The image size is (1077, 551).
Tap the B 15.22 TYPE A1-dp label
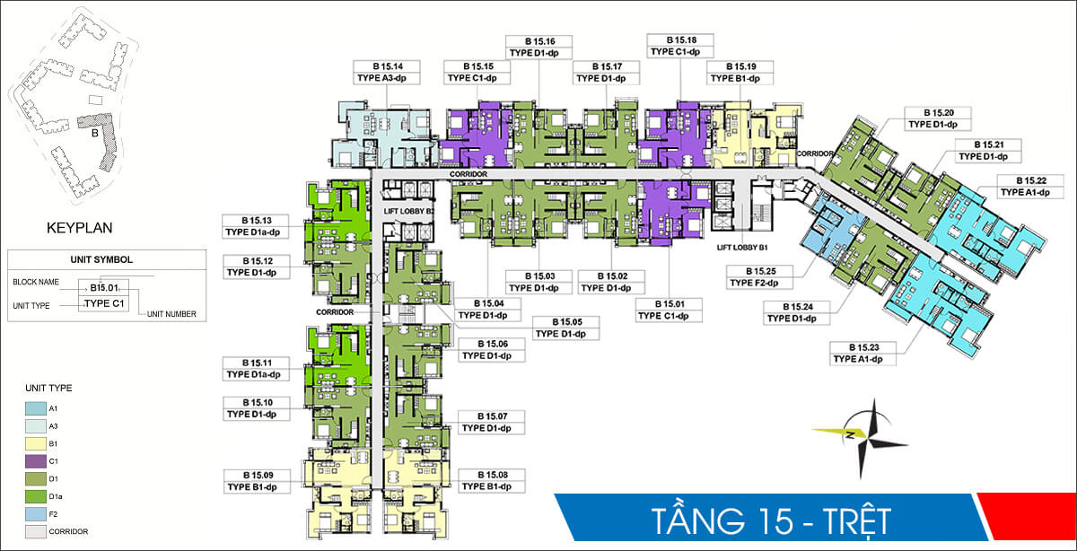point(1024,186)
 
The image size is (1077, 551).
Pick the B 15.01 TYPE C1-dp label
point(664,310)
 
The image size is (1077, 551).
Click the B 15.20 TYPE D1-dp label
point(935,118)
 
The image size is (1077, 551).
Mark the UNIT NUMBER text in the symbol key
point(172,314)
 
